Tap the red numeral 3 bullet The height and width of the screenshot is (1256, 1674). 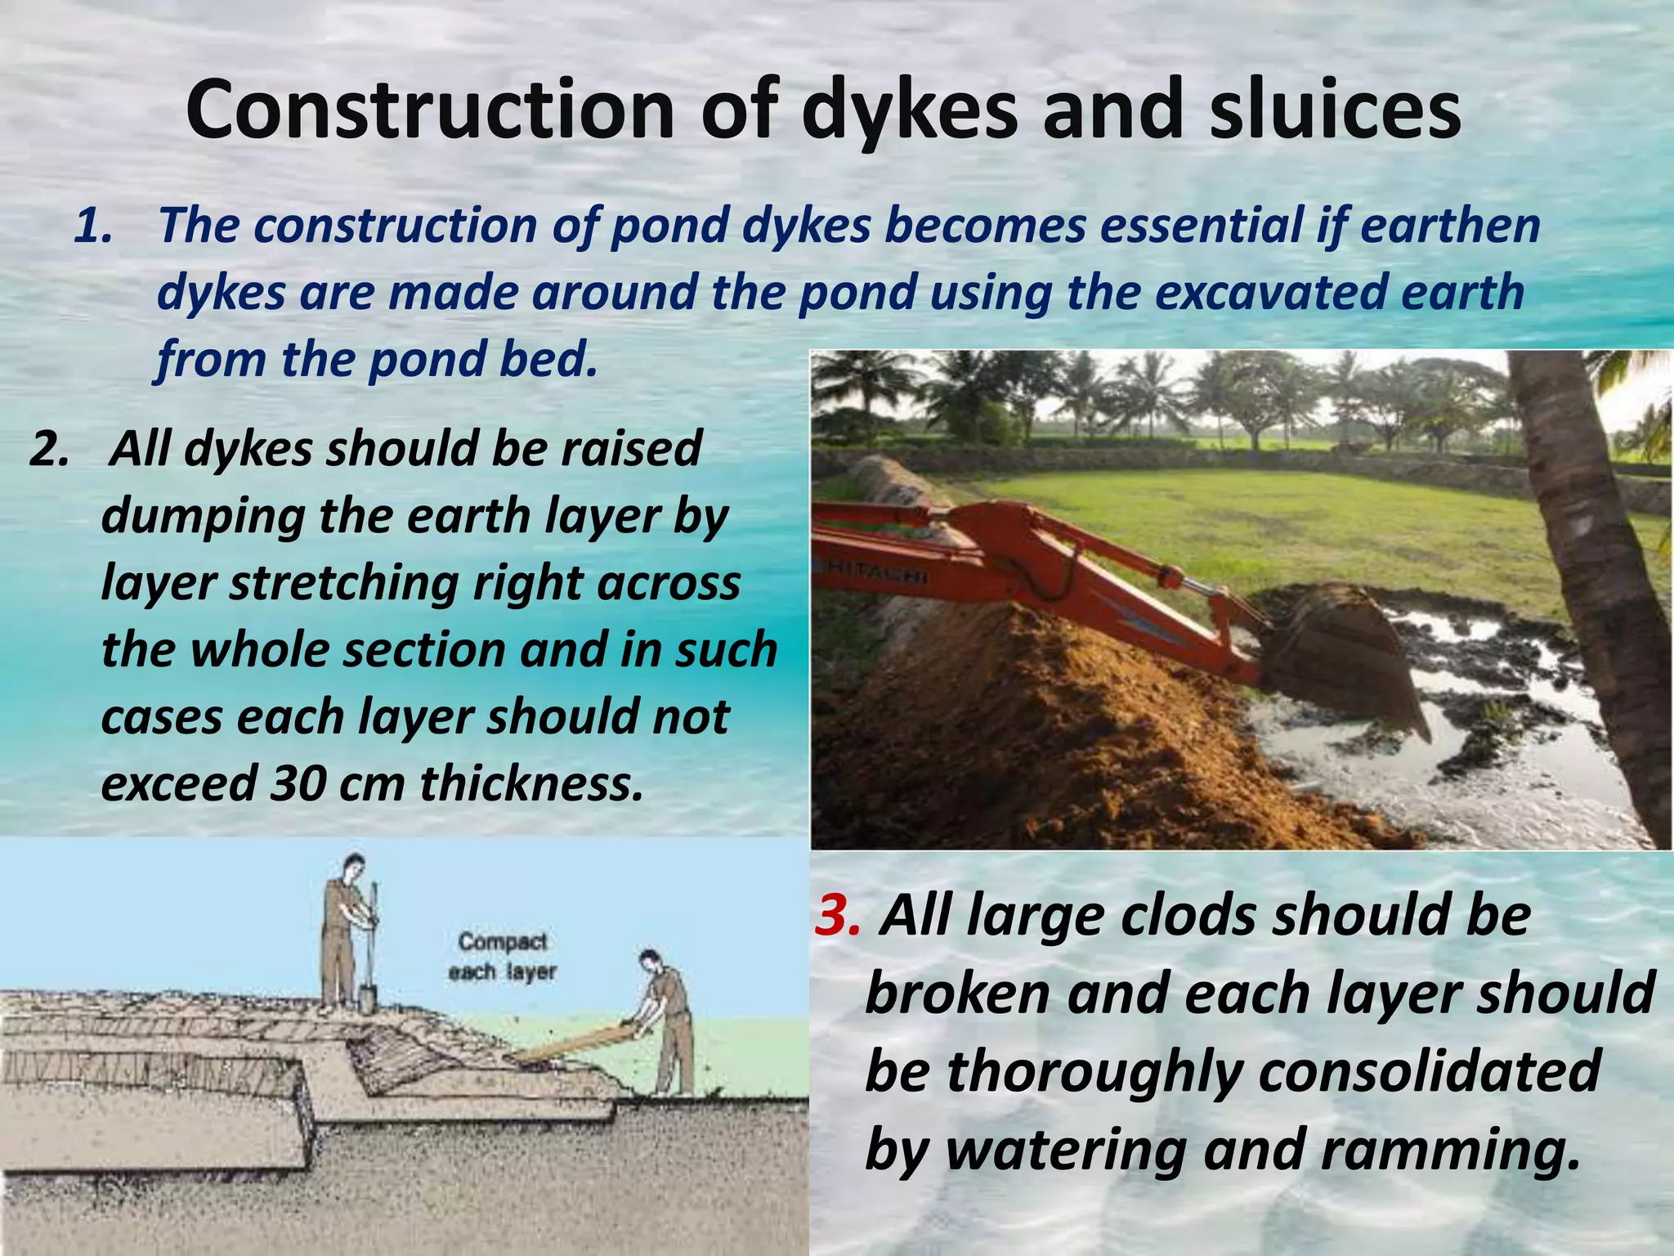pos(838,916)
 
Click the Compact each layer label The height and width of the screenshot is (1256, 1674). pos(502,957)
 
